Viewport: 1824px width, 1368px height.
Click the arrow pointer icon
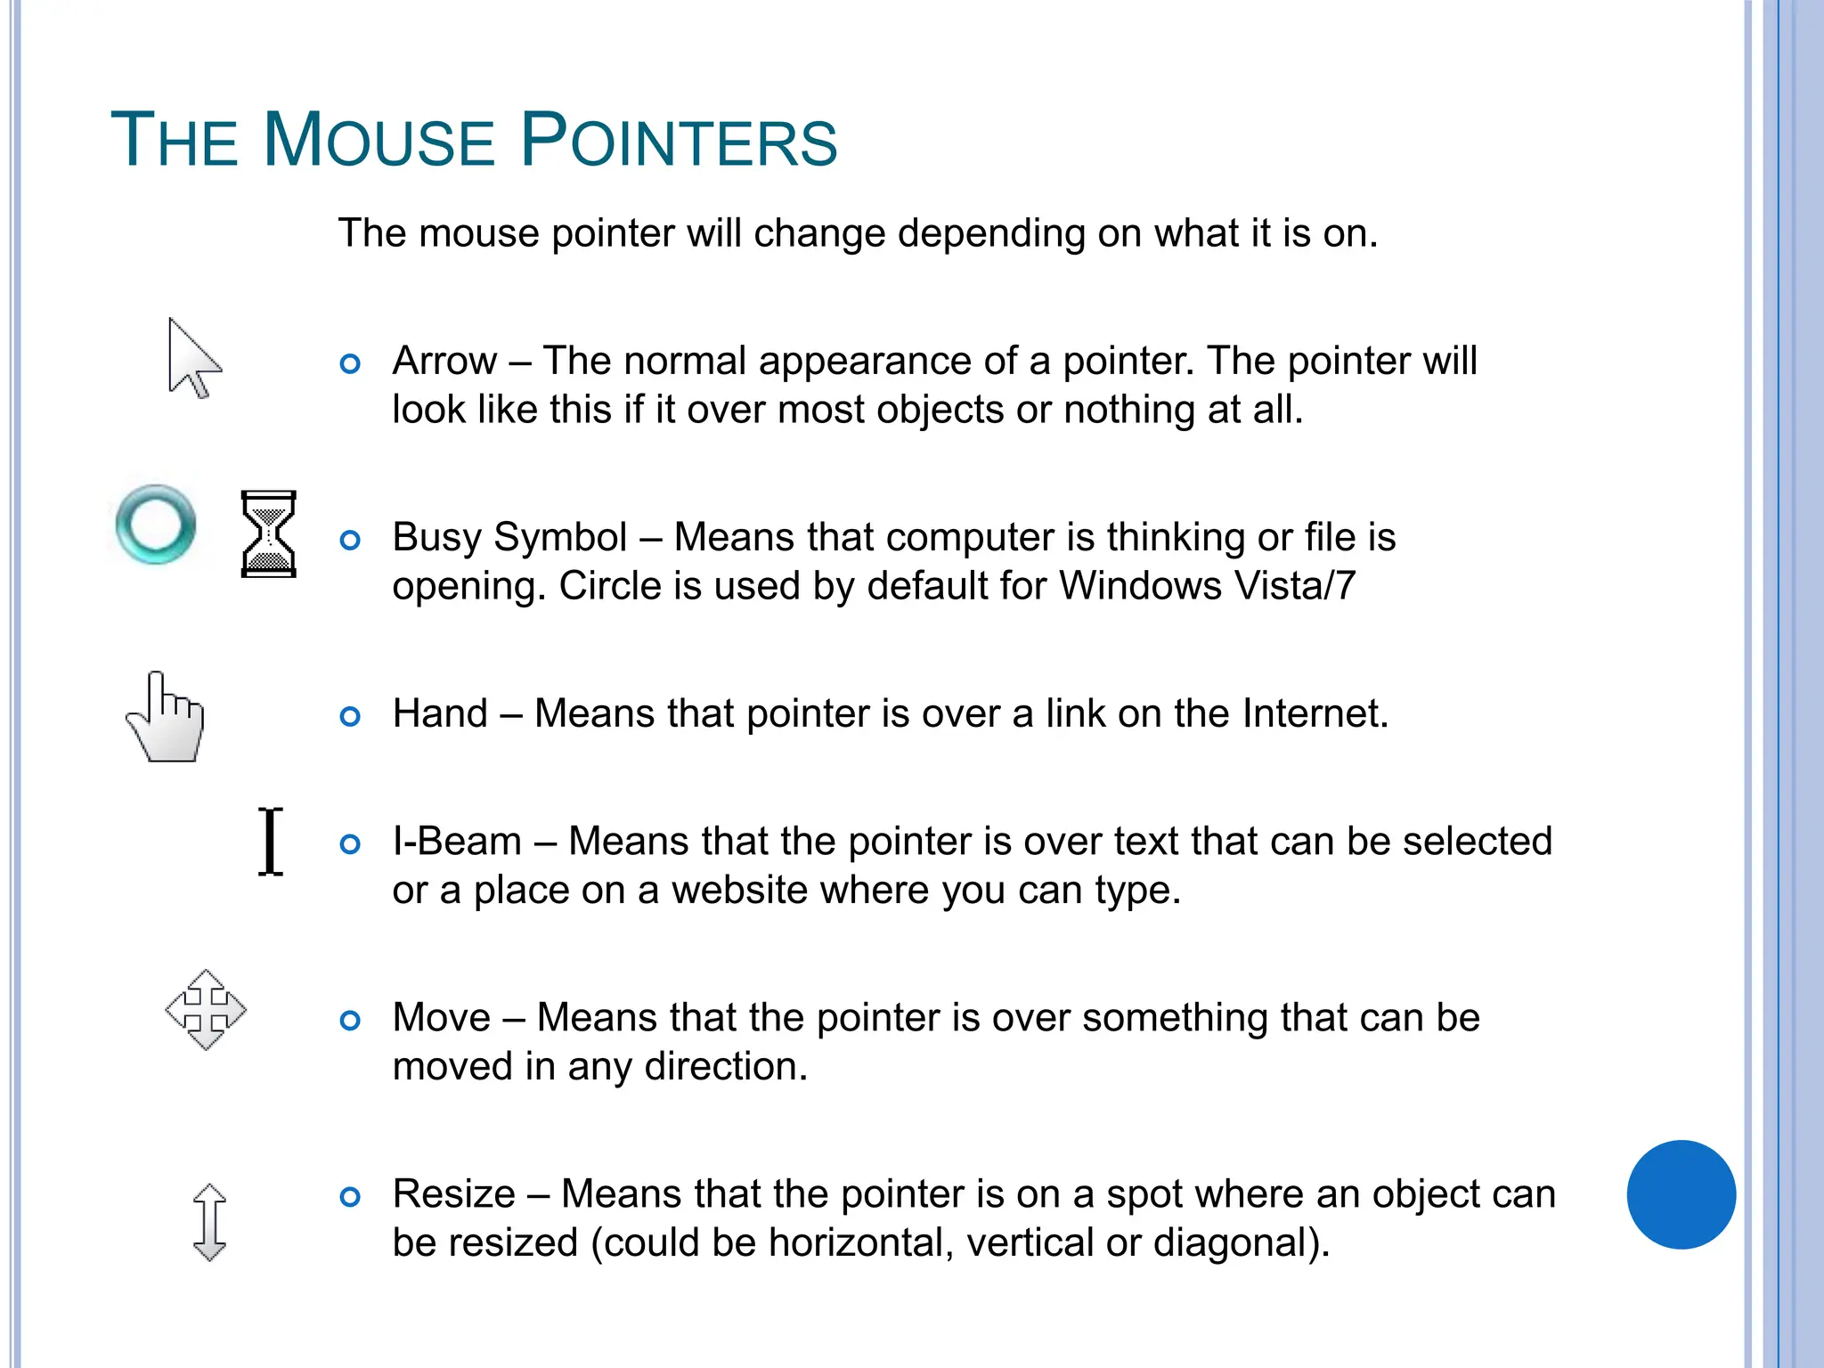[x=191, y=359]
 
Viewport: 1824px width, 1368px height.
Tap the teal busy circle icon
[x=156, y=525]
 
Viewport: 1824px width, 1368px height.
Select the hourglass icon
[x=268, y=534]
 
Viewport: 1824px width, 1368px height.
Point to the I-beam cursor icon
[x=271, y=842]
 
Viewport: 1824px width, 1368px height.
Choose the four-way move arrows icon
[x=206, y=1010]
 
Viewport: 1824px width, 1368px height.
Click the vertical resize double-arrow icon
[x=209, y=1222]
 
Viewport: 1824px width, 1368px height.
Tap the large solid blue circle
[x=1681, y=1194]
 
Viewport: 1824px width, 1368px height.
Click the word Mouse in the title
[x=379, y=141]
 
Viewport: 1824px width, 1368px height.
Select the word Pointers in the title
[x=679, y=141]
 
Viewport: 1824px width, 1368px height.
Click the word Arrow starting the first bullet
[x=444, y=361]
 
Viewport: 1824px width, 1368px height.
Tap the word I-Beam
[x=457, y=842]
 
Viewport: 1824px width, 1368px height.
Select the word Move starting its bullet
[x=441, y=1018]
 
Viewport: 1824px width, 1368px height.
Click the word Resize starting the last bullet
[x=453, y=1194]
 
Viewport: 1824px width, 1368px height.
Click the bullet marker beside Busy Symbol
[x=351, y=540]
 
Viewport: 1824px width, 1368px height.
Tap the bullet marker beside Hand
[x=351, y=716]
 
